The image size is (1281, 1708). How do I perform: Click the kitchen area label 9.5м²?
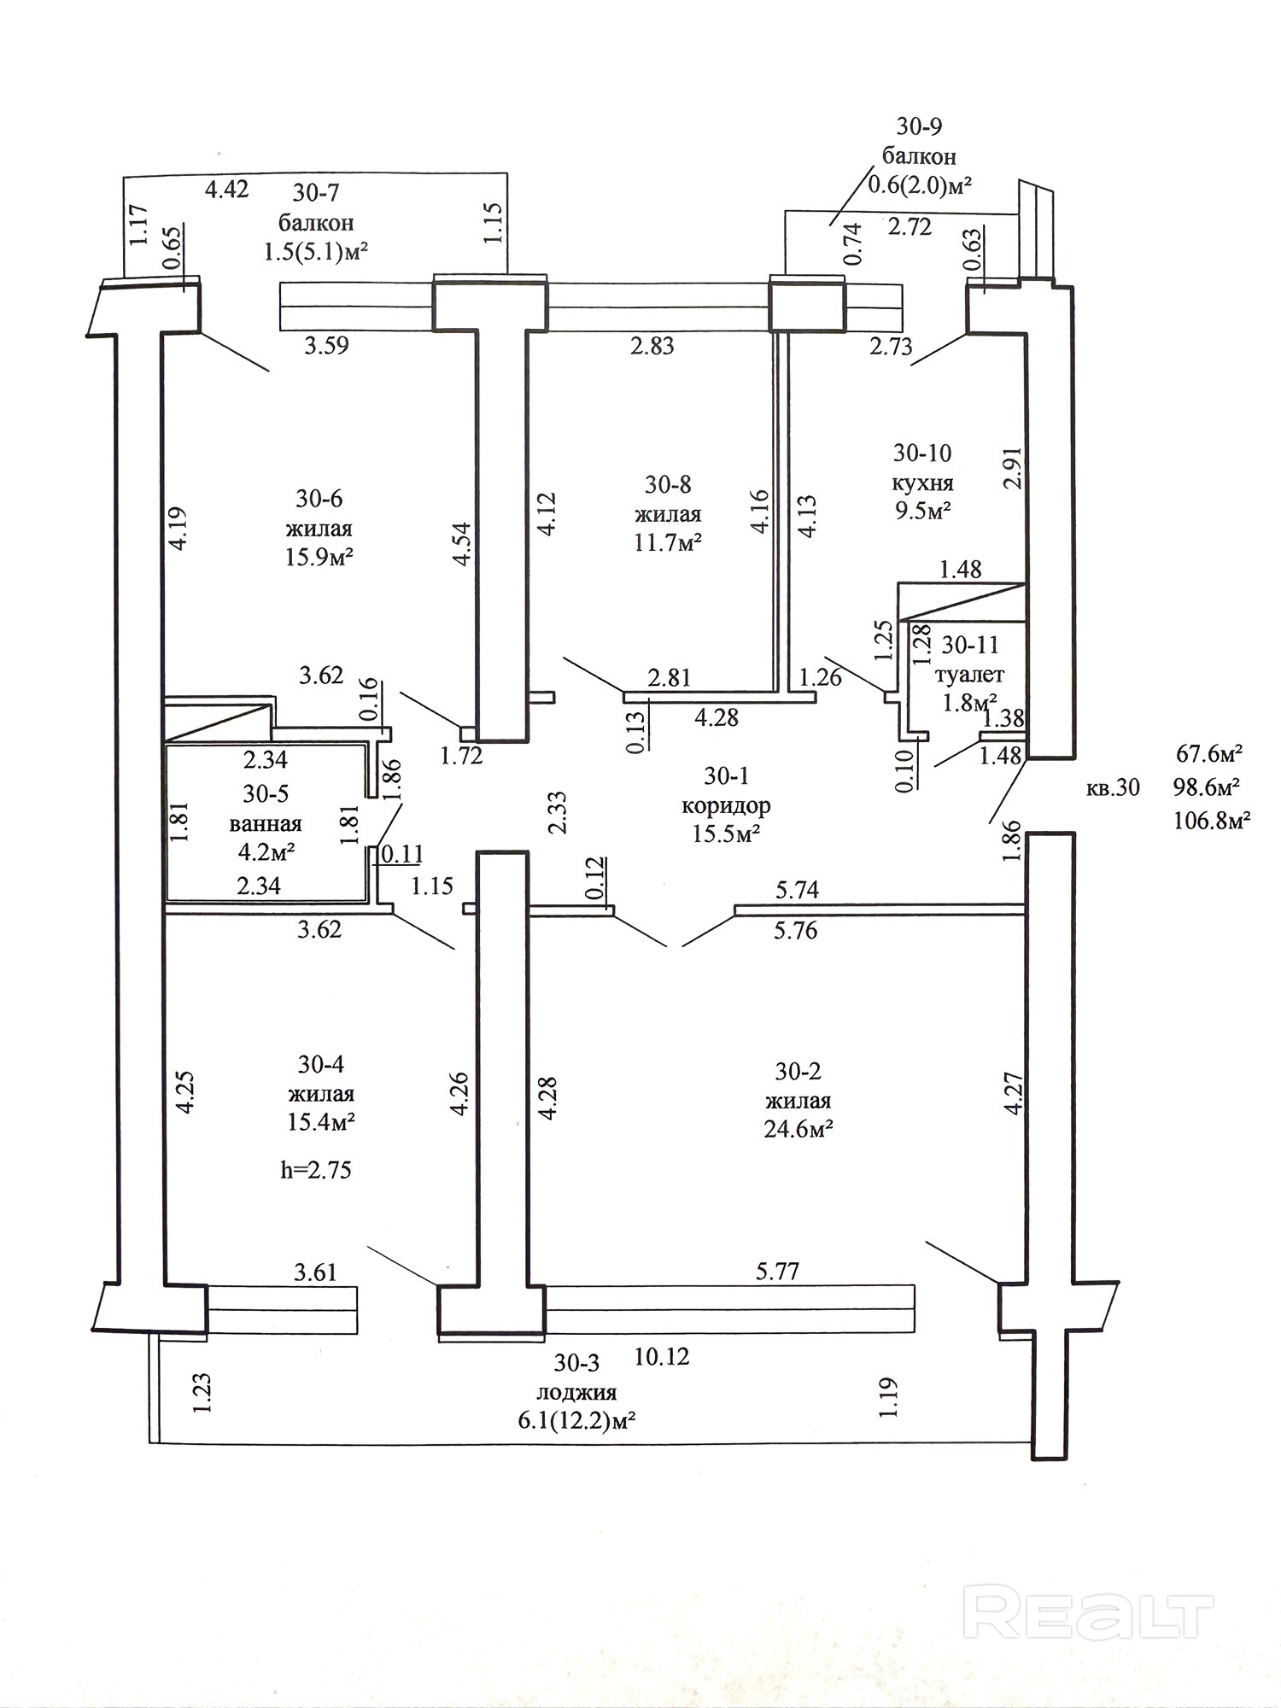click(922, 511)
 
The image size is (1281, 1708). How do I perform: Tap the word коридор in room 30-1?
click(726, 805)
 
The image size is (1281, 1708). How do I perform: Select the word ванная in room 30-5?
click(266, 824)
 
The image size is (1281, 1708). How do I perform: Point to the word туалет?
click(969, 675)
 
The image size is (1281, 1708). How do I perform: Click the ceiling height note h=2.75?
click(316, 1169)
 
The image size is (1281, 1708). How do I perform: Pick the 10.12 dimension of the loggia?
click(662, 1356)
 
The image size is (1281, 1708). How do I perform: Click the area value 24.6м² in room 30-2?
click(798, 1129)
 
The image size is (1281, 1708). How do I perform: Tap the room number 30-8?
click(668, 485)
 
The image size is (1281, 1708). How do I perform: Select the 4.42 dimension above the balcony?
click(227, 189)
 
